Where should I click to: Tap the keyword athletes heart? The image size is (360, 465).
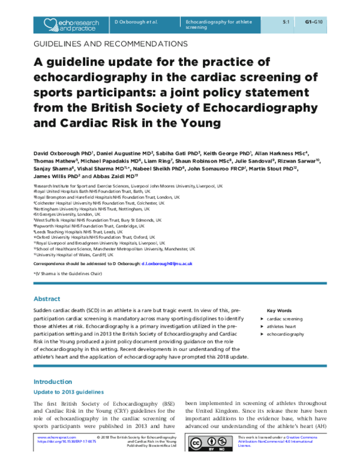pos(283,326)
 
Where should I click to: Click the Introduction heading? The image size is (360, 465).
pos(53,382)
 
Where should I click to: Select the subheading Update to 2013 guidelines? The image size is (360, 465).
pos(69,391)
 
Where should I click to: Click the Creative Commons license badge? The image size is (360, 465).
pos(211,443)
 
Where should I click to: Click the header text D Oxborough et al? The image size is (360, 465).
pos(136,21)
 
